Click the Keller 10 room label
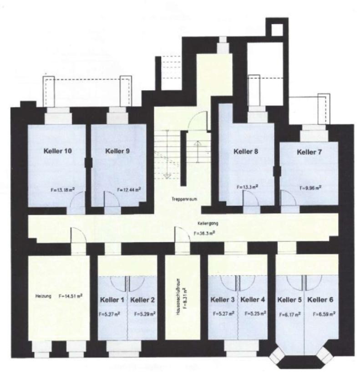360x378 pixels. coord(57,151)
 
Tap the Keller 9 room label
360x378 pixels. coord(117,151)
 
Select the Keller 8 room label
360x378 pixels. coord(246,151)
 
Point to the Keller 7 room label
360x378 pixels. coord(309,152)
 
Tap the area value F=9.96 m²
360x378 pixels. coord(311,188)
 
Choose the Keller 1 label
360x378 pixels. coord(112,300)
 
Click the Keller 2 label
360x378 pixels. coord(142,300)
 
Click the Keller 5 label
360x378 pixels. coord(290,300)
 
